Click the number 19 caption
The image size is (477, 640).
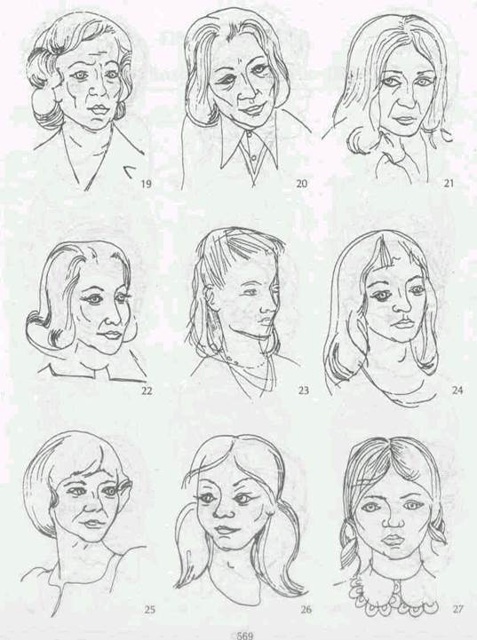pos(146,184)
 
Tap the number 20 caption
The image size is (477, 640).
pos(301,184)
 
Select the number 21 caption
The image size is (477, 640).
pos(449,184)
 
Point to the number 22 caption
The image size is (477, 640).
pos(147,391)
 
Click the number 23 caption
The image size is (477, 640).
pos(304,391)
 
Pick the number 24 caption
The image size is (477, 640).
pos(457,390)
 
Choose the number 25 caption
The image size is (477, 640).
pos(149,610)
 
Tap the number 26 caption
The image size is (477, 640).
pos(306,610)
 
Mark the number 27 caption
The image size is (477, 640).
pos(457,610)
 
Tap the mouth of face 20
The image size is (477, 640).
pos(252,109)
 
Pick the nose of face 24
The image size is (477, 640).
pos(401,309)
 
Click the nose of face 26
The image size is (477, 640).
pos(223,510)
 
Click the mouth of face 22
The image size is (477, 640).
pos(111,335)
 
